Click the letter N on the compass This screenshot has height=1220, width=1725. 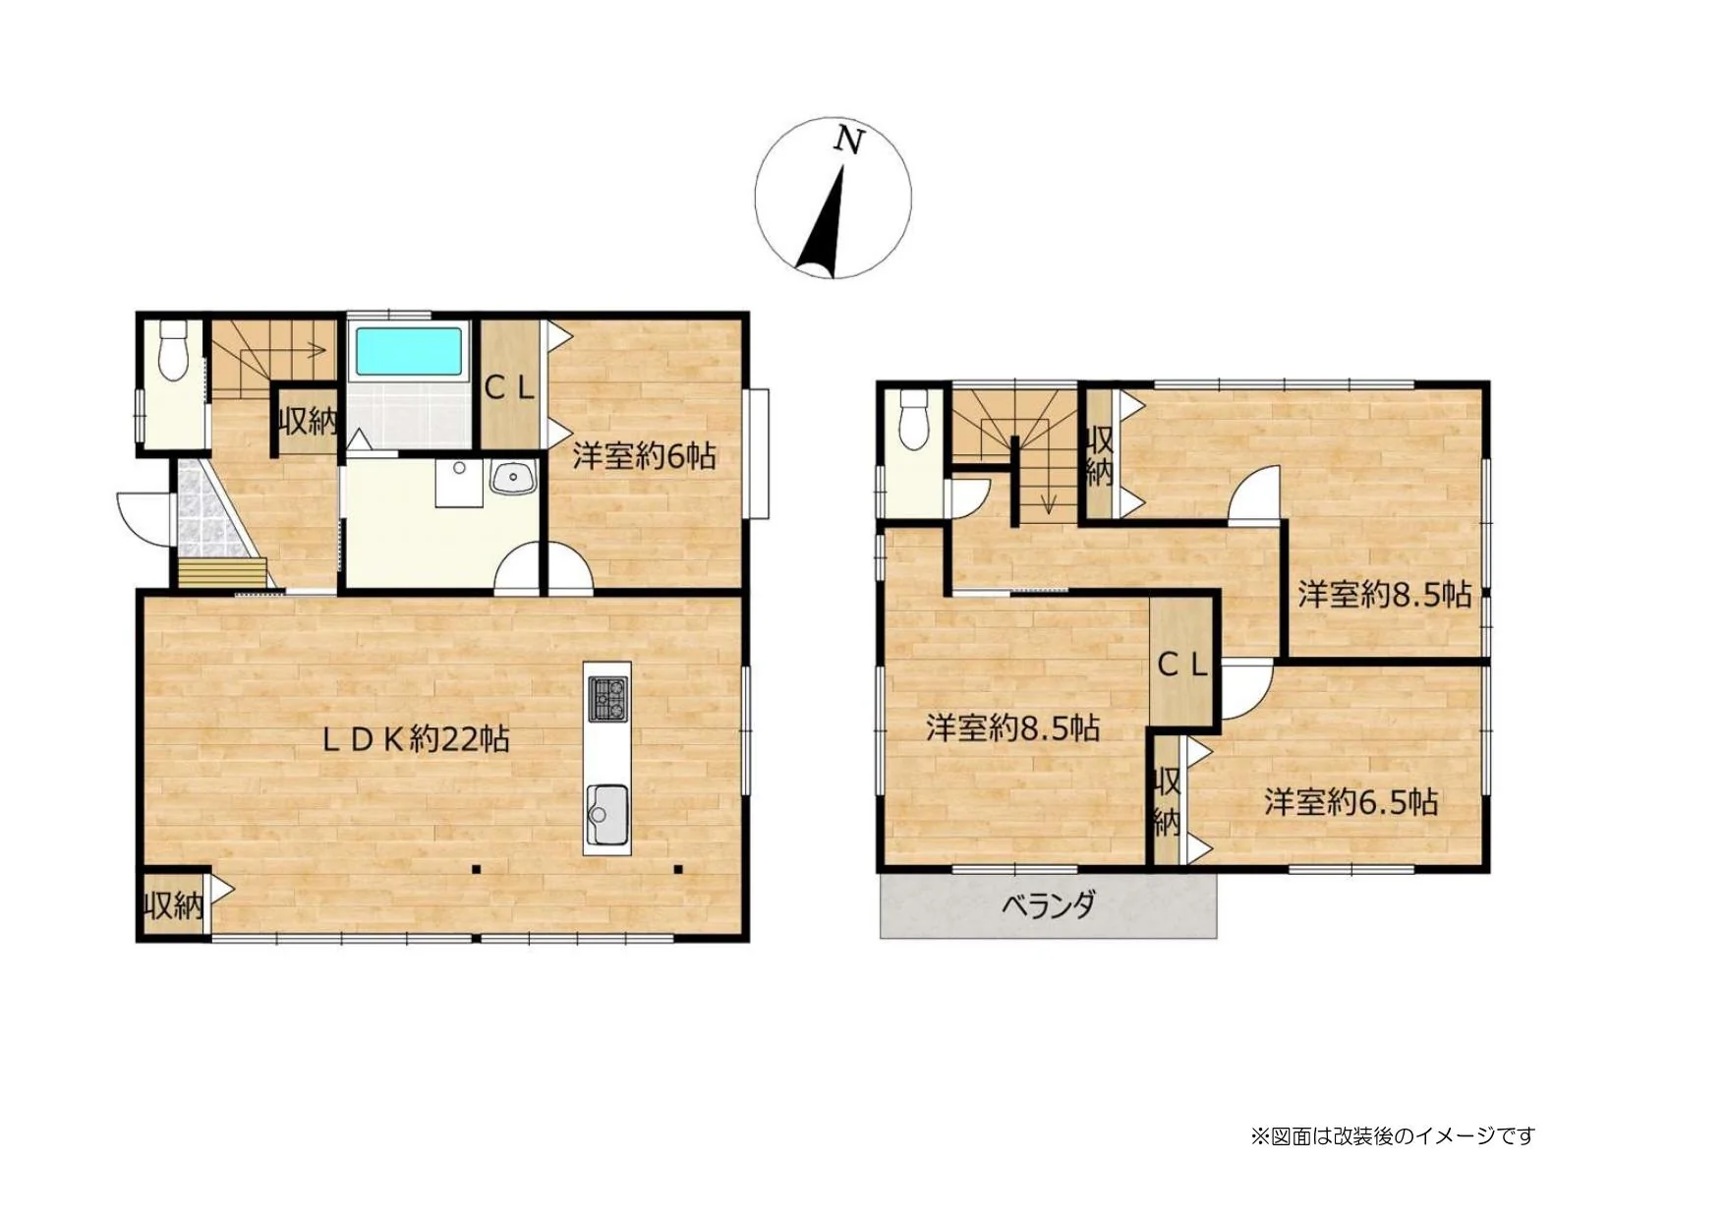point(848,141)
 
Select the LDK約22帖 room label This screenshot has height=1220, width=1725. point(416,738)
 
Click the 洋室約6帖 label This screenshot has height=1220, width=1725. point(644,456)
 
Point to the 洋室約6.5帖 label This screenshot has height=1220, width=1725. point(1351,802)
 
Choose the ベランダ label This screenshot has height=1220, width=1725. point(1049,904)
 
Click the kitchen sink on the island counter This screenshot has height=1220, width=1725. point(607,815)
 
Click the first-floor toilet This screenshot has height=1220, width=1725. point(173,350)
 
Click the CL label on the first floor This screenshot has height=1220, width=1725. point(509,388)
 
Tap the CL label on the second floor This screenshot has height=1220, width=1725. point(1182,665)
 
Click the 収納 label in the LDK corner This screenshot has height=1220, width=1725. point(174,904)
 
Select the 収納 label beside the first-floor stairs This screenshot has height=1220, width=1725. point(309,422)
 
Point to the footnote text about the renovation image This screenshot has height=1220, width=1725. point(1393,1136)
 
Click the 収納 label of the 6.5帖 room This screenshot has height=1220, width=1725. point(1167,801)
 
